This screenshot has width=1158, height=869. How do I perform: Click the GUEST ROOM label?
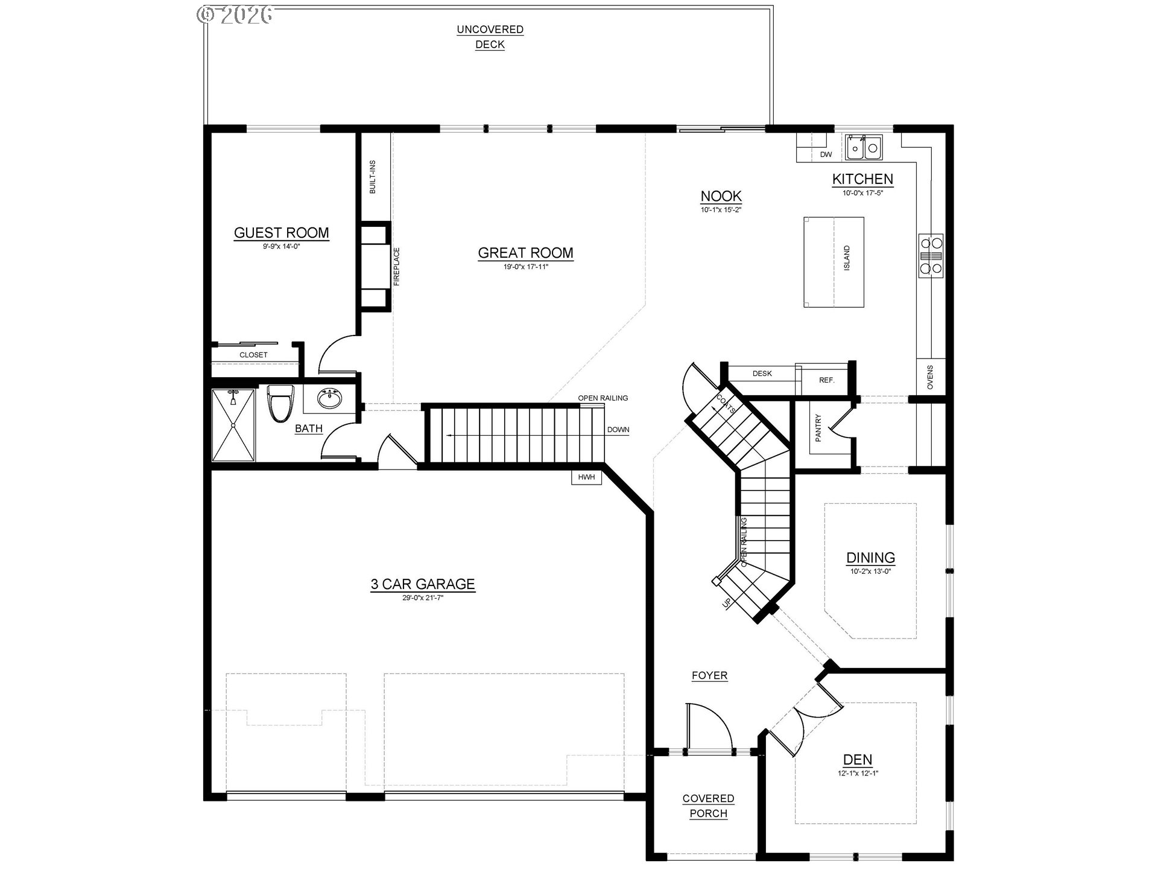point(281,233)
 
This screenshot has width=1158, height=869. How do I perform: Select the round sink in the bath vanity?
point(329,399)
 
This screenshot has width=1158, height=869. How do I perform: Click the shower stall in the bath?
point(233,425)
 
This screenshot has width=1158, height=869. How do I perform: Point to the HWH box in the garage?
point(586,477)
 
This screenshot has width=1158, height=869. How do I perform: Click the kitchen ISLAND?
point(834,262)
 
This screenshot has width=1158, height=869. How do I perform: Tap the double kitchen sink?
point(863,147)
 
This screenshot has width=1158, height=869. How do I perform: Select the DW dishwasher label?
point(826,154)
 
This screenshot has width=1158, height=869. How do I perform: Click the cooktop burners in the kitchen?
point(931,256)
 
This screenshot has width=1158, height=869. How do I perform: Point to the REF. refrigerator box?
point(826,380)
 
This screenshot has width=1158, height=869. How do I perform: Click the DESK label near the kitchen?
point(762,374)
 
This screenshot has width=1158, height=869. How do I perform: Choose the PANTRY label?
point(818,428)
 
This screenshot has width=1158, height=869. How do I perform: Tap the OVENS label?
point(929,377)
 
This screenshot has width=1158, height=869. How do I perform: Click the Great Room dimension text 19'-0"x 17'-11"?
point(525,266)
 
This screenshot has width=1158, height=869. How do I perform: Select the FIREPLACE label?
point(396,266)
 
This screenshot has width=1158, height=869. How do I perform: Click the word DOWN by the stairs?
point(618,430)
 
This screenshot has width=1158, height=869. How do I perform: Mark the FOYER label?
point(709,675)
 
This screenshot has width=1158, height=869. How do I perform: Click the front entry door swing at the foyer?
point(709,727)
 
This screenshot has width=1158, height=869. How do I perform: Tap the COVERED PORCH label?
point(708,806)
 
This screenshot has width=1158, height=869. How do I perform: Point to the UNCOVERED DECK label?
point(490,37)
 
